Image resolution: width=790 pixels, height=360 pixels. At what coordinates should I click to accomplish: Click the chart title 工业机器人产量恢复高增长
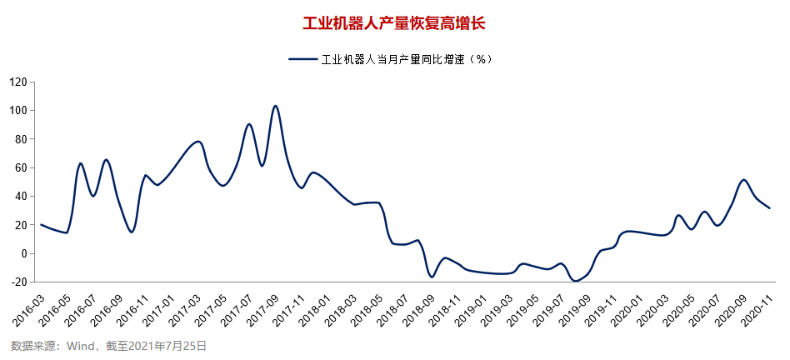tap(393, 22)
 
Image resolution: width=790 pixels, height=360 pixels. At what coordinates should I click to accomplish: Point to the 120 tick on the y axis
tap(18, 82)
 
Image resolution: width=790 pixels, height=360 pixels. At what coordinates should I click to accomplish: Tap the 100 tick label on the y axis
tap(18, 110)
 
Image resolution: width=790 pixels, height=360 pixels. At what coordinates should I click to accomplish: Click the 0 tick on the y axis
tap(24, 253)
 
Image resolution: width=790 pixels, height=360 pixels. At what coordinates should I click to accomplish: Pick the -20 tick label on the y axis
tap(18, 282)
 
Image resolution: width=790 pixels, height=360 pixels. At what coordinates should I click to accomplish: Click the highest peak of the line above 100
tap(276, 106)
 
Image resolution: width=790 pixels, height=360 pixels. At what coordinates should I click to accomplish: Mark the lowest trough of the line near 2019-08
tap(575, 281)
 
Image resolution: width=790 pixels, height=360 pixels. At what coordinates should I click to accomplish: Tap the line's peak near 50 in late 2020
tap(743, 180)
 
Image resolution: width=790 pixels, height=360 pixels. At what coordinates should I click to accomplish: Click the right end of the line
tap(769, 208)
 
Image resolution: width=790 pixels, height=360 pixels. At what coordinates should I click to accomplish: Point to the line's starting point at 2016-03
tap(41, 224)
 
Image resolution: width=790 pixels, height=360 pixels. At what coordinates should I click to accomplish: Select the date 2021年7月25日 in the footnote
tap(172, 345)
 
